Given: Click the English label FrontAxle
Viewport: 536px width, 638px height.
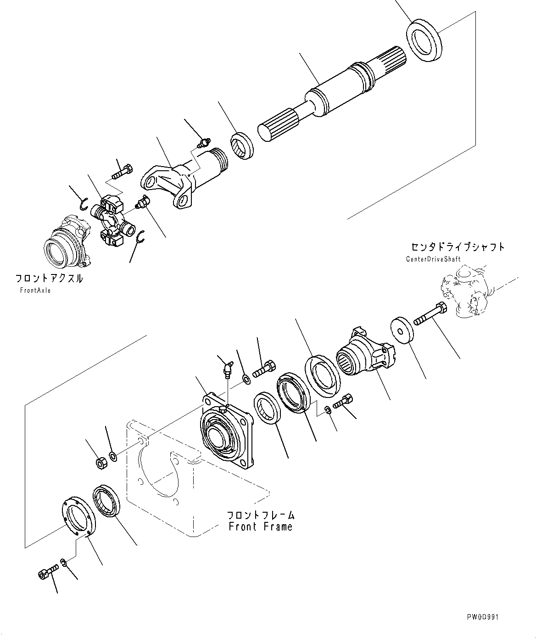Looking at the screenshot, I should click(x=35, y=291).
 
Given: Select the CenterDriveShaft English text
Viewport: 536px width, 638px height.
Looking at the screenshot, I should click(x=433, y=259).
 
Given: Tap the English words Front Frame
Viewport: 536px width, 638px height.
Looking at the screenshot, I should click(x=260, y=526).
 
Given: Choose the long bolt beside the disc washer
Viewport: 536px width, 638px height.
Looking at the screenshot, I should click(x=431, y=315).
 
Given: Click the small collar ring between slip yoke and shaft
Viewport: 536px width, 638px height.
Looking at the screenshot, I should click(x=242, y=145).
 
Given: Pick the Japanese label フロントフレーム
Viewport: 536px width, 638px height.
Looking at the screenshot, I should click(x=260, y=515).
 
